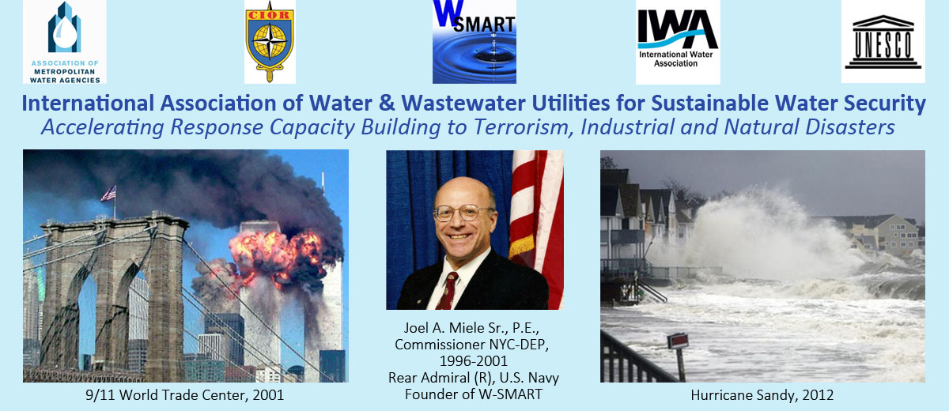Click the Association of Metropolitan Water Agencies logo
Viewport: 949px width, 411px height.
pyautogui.click(x=64, y=42)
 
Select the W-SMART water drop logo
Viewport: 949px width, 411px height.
pyautogui.click(x=474, y=42)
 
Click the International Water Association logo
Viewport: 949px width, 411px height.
pyautogui.click(x=678, y=42)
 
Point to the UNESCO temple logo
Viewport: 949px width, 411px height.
pyautogui.click(x=883, y=41)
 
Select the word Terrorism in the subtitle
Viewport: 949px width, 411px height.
pyautogui.click(x=520, y=127)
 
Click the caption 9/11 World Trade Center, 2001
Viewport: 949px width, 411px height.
pyautogui.click(x=185, y=395)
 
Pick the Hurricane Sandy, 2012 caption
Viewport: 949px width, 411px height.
pyautogui.click(x=762, y=395)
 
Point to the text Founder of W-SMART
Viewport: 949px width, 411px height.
pyautogui.click(x=474, y=394)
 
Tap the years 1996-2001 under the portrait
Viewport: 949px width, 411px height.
pyautogui.click(x=473, y=361)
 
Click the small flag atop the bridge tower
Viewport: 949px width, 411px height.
pyautogui.click(x=109, y=194)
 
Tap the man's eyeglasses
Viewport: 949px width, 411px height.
pyautogui.click(x=464, y=213)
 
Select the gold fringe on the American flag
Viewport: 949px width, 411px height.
pyautogui.click(x=521, y=246)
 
